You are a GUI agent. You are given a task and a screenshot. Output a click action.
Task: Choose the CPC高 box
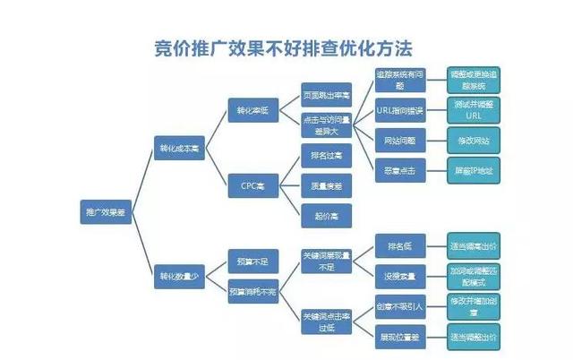point(253,185)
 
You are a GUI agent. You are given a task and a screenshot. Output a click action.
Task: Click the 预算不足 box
point(253,261)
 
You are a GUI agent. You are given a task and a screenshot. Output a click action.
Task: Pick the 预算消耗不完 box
point(253,291)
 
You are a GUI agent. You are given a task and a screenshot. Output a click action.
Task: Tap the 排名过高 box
point(326,156)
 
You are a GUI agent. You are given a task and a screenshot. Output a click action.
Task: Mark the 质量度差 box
point(326,185)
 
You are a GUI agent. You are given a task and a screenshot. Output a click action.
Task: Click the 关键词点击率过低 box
point(326,321)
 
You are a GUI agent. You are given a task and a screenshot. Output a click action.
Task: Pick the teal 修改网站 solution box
point(473,141)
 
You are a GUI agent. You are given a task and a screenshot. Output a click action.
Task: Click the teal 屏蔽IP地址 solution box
point(473,169)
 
